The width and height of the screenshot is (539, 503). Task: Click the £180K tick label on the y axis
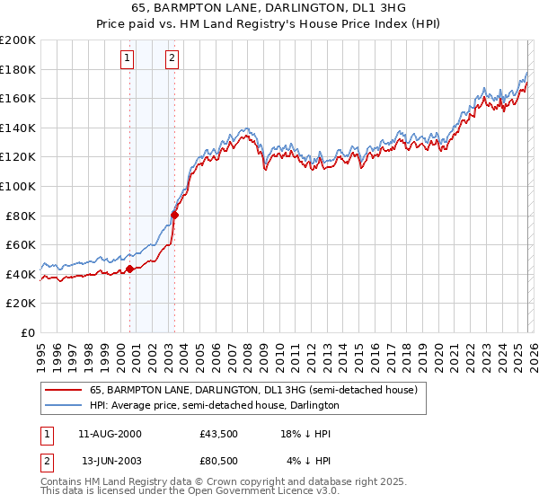click(x=18, y=69)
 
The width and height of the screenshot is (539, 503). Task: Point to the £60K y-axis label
click(x=20, y=244)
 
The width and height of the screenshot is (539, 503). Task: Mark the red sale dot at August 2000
click(x=129, y=269)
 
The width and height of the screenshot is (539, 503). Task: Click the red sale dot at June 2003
click(x=174, y=215)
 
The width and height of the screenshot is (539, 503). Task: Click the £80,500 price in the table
click(x=219, y=461)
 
